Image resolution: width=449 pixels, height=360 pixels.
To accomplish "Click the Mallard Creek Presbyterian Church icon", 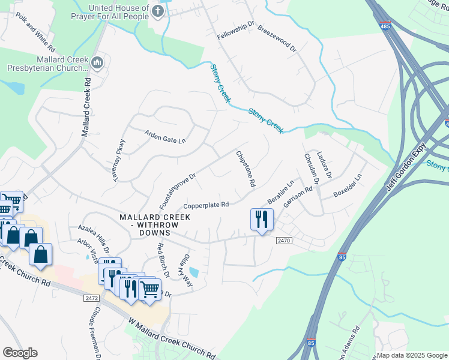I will click(x=97, y=62).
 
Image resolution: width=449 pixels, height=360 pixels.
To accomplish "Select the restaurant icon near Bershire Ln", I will click(x=262, y=218).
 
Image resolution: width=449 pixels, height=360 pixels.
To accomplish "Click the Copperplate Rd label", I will click(x=206, y=205).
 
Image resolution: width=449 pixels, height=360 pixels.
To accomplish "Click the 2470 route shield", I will click(x=284, y=240).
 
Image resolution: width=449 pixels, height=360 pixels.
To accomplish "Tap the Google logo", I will click(x=20, y=353).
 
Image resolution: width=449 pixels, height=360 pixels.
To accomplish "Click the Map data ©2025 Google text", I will click(x=411, y=355).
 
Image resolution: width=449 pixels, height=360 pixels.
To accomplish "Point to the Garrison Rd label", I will click(x=298, y=197).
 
